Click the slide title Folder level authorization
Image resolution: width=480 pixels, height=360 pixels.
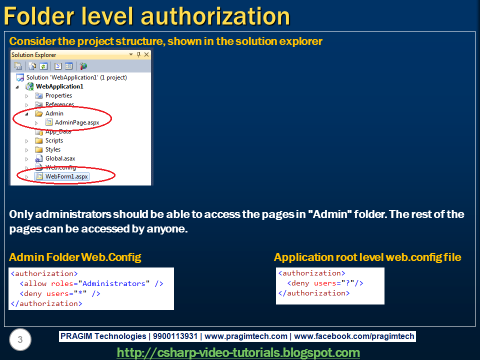pyautogui.click(x=146, y=16)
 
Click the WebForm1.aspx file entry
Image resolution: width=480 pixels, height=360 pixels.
pyautogui.click(x=66, y=176)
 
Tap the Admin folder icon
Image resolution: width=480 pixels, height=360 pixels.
pyautogui.click(x=39, y=113)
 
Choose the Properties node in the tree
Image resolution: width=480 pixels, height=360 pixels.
pyautogui.click(x=58, y=95)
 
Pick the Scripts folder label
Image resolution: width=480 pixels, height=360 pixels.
pyautogui.click(x=54, y=140)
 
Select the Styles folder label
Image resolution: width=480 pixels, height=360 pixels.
pyautogui.click(x=52, y=149)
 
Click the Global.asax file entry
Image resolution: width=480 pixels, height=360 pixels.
pyautogui.click(x=60, y=158)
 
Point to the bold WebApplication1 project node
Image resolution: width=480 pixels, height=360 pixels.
pyautogui.click(x=59, y=86)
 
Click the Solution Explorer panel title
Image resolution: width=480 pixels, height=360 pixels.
pyautogui.click(x=34, y=55)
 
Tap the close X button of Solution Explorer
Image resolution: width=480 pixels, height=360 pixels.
pyautogui.click(x=146, y=54)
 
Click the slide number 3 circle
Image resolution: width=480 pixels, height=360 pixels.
pyautogui.click(x=20, y=340)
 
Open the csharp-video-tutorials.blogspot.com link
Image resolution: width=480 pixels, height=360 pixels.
pyautogui.click(x=238, y=352)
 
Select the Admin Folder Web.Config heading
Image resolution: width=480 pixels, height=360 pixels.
pyautogui.click(x=75, y=257)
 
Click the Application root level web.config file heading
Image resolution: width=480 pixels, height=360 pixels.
pyautogui.click(x=367, y=257)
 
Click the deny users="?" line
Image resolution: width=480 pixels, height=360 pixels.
pyautogui.click(x=325, y=283)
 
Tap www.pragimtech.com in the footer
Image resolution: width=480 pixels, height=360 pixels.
pyautogui.click(x=246, y=336)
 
